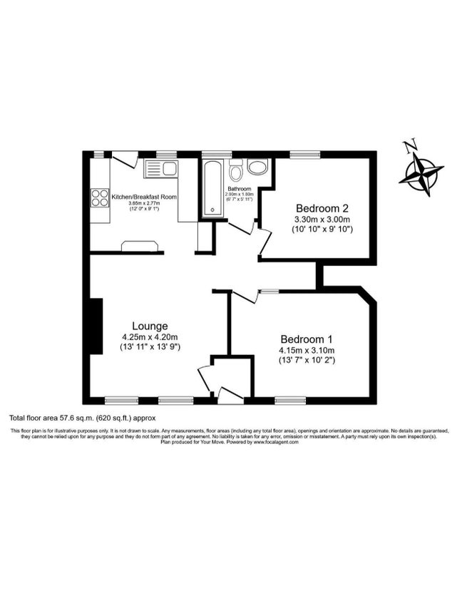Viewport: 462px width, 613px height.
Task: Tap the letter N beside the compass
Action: [409, 148]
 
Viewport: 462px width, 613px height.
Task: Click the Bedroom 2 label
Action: [322, 209]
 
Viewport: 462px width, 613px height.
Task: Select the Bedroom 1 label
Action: [306, 339]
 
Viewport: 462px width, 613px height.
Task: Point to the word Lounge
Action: [149, 326]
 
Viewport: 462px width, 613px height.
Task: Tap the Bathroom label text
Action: [238, 188]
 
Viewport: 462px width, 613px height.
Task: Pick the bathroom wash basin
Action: [257, 167]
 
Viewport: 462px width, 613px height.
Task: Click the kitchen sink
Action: [161, 169]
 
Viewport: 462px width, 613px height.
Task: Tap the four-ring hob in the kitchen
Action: [101, 196]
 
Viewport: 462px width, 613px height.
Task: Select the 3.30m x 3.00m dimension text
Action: [322, 220]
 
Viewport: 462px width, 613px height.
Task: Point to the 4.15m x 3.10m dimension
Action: [307, 350]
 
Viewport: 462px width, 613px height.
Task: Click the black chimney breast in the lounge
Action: [93, 325]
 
